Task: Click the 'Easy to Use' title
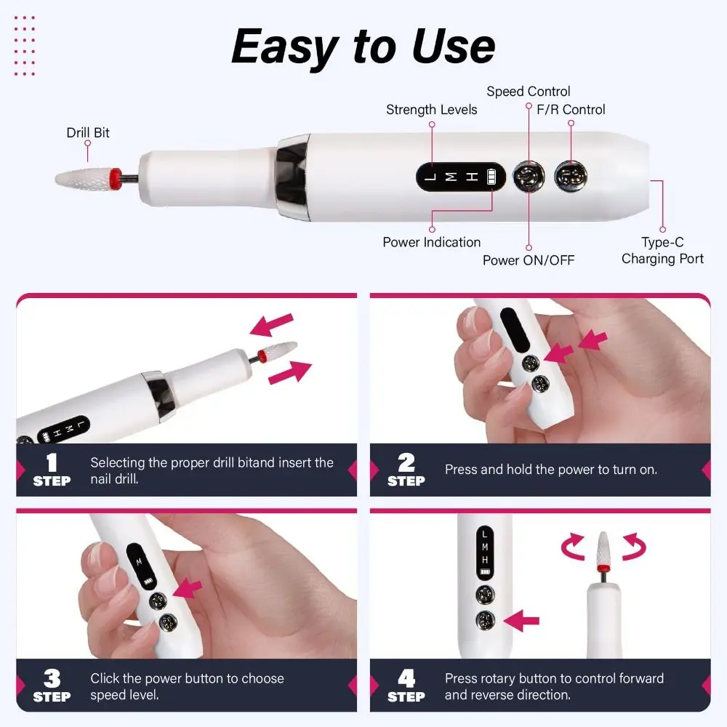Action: coord(363,47)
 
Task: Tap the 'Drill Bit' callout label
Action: coord(88,132)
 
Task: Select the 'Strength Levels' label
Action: coord(431,110)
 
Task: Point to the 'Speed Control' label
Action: coord(528,92)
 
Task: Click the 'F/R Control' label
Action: coord(566,110)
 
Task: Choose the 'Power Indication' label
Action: coord(431,242)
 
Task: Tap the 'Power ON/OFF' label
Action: coord(528,260)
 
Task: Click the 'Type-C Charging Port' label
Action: coord(662,251)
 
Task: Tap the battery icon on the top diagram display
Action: coord(494,177)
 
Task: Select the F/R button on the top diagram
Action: coord(570,177)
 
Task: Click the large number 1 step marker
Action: coord(52,463)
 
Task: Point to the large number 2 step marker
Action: coord(406,463)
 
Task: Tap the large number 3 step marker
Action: coord(52,678)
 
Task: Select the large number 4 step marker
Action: coord(406,678)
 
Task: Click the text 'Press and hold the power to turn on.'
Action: coord(550,470)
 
